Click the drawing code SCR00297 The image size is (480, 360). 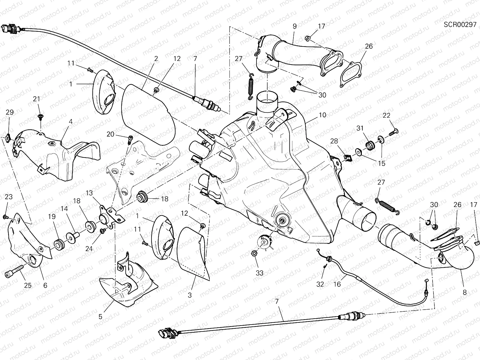tap(460, 25)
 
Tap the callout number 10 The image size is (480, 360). tap(322, 115)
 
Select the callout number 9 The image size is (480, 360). tap(295, 26)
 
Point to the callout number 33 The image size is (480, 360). tap(259, 273)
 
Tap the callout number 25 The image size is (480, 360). tap(28, 285)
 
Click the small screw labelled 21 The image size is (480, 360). tap(40, 116)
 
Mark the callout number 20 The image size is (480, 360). tap(110, 134)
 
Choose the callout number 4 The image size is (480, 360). tap(70, 122)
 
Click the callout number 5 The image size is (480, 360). tap(100, 316)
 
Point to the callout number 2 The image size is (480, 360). tap(156, 59)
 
